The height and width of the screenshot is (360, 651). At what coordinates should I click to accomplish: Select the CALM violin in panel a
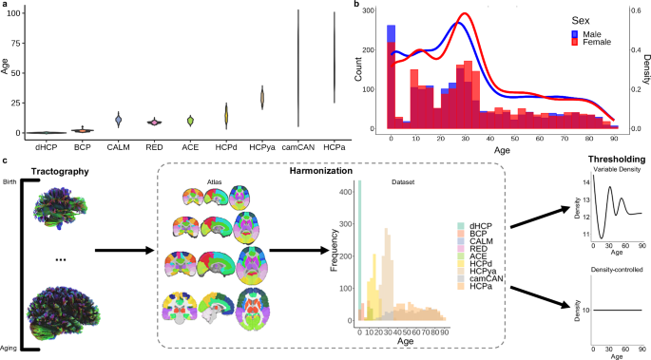[x=119, y=120]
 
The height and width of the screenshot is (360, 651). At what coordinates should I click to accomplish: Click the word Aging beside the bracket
[x=10, y=348]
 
